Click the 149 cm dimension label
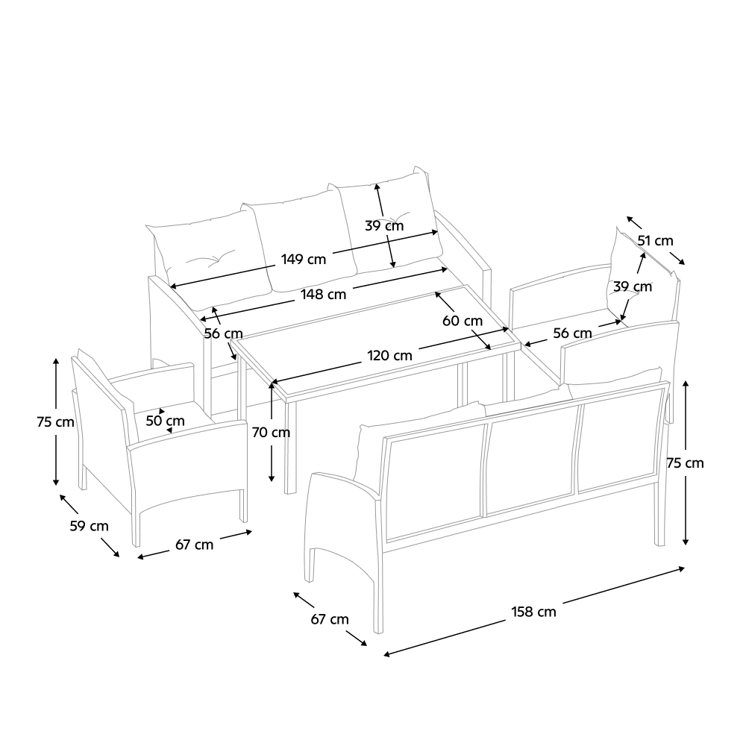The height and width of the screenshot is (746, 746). click(303, 260)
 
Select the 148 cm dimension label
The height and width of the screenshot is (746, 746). click(324, 295)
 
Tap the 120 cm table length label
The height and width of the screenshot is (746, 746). click(389, 356)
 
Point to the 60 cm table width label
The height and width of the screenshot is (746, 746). click(463, 321)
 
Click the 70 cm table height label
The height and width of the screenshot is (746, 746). click(271, 433)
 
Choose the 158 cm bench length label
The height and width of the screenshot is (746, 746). click(534, 612)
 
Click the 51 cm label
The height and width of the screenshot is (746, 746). click(655, 241)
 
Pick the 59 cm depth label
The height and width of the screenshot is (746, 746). click(89, 526)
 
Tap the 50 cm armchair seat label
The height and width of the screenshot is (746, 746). click(165, 421)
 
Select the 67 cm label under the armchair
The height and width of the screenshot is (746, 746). click(194, 545)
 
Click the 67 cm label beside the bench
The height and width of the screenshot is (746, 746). click(330, 619)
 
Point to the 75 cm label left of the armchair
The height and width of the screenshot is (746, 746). click(56, 422)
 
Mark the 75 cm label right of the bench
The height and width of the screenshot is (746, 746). click(685, 463)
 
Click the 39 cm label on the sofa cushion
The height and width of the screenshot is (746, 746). click(384, 226)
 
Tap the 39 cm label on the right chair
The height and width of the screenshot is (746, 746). click(633, 287)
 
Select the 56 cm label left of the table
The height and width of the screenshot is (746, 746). click(224, 333)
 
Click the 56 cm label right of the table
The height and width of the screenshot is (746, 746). click(572, 333)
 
